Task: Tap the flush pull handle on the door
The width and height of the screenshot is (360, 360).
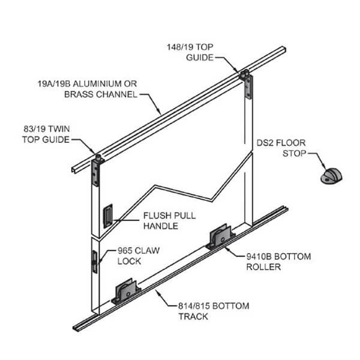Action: click(109, 216)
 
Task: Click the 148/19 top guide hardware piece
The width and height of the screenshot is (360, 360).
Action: click(245, 86)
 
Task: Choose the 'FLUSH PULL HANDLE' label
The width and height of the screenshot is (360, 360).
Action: click(160, 221)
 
